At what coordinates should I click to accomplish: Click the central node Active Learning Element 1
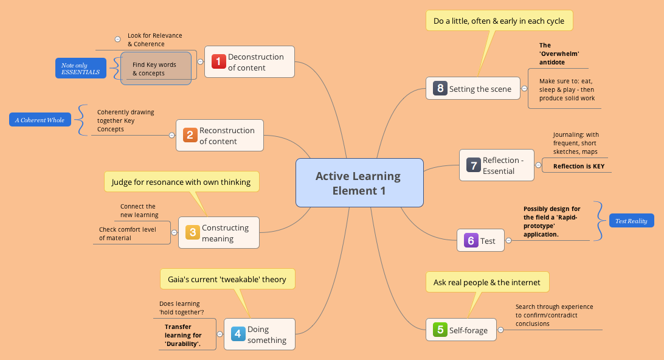359,183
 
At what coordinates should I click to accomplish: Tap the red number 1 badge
219,61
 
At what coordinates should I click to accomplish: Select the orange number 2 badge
190,135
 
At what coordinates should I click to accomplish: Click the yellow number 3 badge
192,232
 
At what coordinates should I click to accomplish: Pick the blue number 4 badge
238,334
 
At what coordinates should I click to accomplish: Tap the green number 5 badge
440,330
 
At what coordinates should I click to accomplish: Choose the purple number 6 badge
471,240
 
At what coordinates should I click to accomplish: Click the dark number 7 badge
473,165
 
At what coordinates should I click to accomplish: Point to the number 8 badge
440,88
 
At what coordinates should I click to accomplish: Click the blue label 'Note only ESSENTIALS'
80,68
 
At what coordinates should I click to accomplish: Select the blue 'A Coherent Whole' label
41,120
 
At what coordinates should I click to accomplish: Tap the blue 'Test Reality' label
631,221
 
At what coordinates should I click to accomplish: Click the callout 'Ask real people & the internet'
486,282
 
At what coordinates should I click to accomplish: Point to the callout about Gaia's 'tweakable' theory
227,279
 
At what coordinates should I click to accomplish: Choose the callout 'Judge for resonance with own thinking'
181,182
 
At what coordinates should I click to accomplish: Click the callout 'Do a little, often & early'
499,21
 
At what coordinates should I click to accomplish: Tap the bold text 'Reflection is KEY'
578,166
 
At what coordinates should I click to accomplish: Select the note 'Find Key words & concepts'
154,69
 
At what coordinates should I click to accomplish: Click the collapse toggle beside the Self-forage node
501,330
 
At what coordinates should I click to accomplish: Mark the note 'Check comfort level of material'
128,234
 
